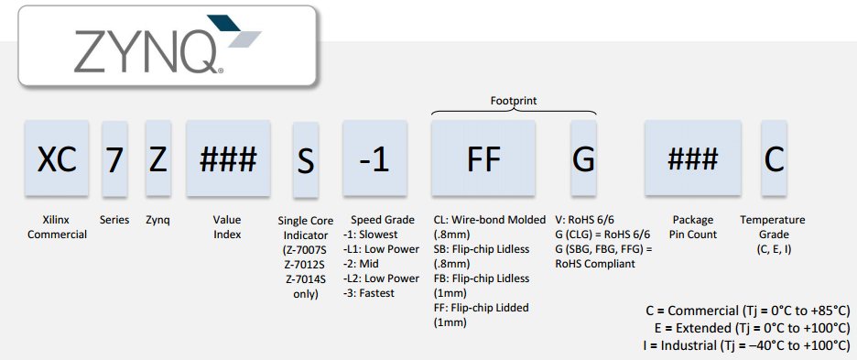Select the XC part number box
(x=57, y=158)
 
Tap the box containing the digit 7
(x=114, y=158)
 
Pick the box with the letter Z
(x=158, y=158)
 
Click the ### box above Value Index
(x=228, y=158)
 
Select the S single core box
(x=306, y=159)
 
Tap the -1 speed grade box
(x=374, y=158)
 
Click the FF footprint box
(x=483, y=158)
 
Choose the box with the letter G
(x=583, y=158)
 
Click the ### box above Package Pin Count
(x=692, y=158)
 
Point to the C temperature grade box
(x=774, y=158)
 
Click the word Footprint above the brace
(x=514, y=101)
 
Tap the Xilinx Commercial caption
(x=58, y=227)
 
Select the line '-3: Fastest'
(x=369, y=293)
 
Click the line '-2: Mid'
(x=362, y=264)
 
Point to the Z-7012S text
(x=306, y=264)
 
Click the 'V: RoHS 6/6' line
(x=584, y=220)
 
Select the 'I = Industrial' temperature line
(x=747, y=345)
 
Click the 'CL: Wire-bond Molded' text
(x=490, y=220)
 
